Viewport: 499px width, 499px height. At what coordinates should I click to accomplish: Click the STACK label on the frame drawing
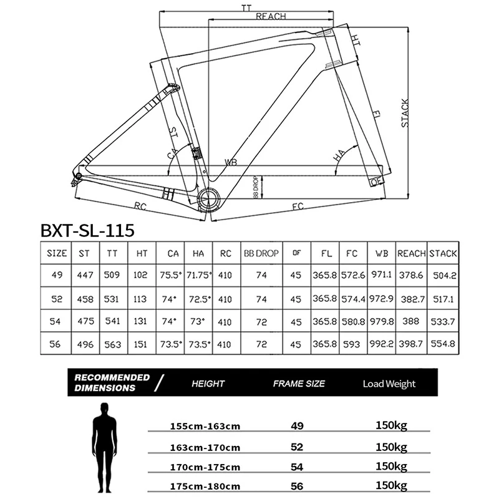[405, 113]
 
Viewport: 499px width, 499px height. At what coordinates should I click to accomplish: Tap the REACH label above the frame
[270, 17]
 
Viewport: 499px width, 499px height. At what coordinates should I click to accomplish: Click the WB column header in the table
[382, 253]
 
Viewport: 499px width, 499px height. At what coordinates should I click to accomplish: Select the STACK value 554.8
[443, 344]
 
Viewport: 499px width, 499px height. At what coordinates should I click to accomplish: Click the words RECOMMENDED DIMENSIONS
[112, 382]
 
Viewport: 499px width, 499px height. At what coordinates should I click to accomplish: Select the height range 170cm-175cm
[205, 466]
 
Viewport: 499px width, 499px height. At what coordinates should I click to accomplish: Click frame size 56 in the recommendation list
[297, 485]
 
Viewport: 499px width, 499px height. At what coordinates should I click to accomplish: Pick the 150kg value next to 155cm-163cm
[391, 425]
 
